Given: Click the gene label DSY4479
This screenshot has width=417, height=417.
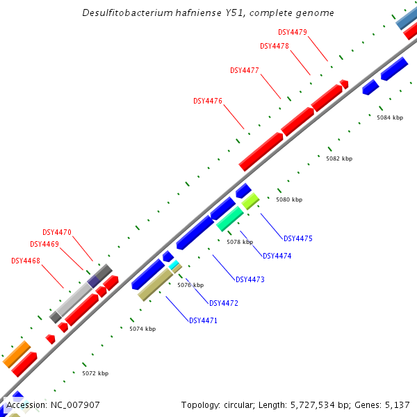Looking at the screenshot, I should pos(293,32).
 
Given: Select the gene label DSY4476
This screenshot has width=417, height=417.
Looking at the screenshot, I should pos(208,101).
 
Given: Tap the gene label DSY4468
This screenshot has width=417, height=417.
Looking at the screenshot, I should pos(26,261).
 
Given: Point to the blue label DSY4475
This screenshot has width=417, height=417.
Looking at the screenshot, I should pos(298,238).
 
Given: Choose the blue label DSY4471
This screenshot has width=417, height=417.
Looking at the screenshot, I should pos(204,320).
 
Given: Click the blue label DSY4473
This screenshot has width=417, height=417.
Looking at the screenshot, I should pos(250,279).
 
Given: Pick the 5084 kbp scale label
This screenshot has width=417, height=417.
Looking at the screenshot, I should pos(390,117).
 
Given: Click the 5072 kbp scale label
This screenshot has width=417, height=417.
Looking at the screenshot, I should pos(95,373).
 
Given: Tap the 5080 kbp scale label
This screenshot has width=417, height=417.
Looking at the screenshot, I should pos(289,199).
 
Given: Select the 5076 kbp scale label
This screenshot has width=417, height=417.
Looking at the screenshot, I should pos(190,285).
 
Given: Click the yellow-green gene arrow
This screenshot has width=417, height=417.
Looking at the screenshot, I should pos(250,201).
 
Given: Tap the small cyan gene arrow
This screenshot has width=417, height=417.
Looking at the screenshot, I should pos(174,264).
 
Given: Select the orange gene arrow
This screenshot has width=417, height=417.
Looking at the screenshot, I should pos(16,354).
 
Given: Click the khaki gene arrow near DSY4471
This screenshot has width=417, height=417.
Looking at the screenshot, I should pos(155,285).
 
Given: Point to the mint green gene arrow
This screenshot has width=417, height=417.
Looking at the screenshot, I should pos(229,218).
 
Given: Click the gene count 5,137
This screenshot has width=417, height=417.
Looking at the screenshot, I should pos(397,404).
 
